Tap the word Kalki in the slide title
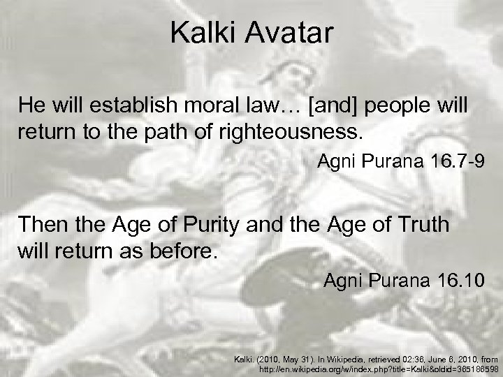click(201, 32)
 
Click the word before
click(182, 249)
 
